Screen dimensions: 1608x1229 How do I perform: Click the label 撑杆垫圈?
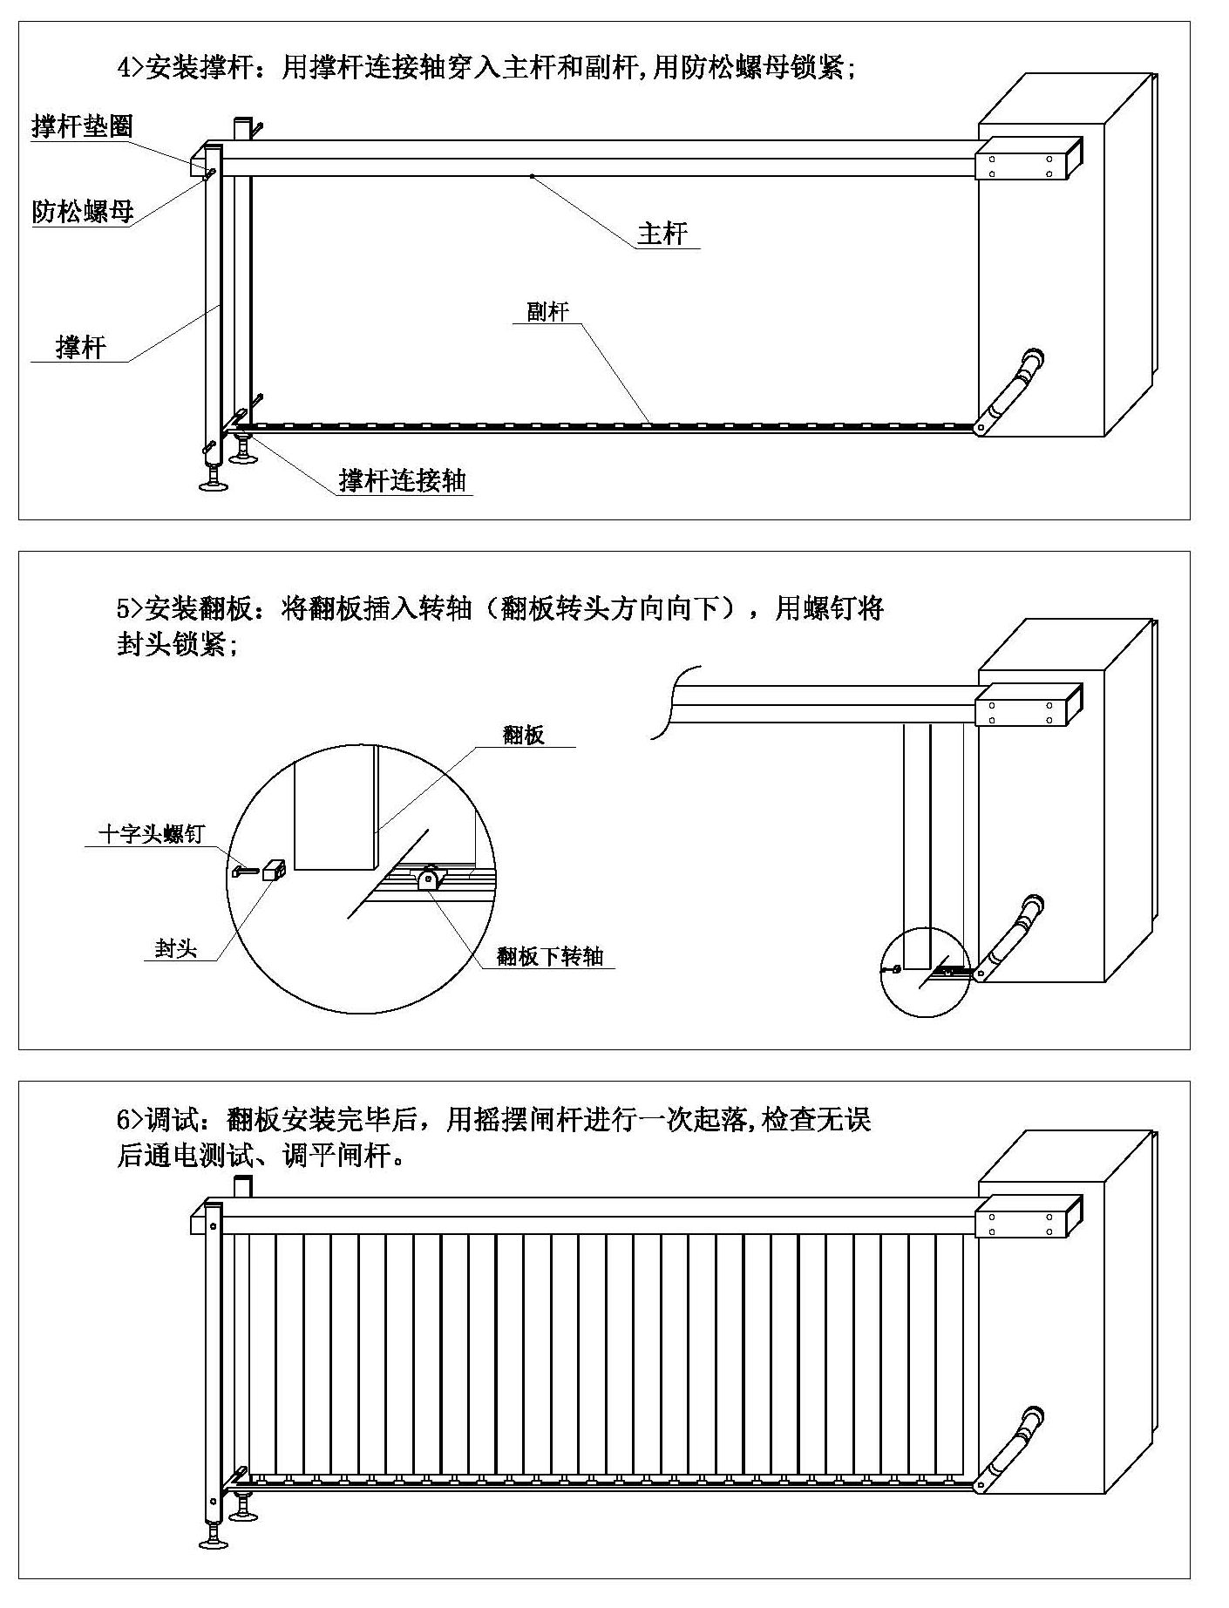(x=82, y=126)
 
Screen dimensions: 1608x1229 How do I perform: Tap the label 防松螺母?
(x=82, y=212)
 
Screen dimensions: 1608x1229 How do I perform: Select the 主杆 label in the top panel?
(x=662, y=234)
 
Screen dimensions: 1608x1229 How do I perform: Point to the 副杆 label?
(x=547, y=312)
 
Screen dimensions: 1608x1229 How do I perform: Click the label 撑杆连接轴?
(x=402, y=480)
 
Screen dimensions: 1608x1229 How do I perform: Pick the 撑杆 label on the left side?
(x=80, y=348)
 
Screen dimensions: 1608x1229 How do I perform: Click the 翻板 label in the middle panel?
(x=523, y=735)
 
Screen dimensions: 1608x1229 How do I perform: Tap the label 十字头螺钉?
(x=151, y=834)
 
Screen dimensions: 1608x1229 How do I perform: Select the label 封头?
(x=176, y=948)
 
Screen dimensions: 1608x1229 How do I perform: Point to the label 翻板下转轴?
(x=550, y=956)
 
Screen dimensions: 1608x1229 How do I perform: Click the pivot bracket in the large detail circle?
(x=429, y=879)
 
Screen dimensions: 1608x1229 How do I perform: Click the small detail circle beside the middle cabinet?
(x=925, y=974)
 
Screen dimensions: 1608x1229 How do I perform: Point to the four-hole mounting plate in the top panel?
(x=1021, y=166)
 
